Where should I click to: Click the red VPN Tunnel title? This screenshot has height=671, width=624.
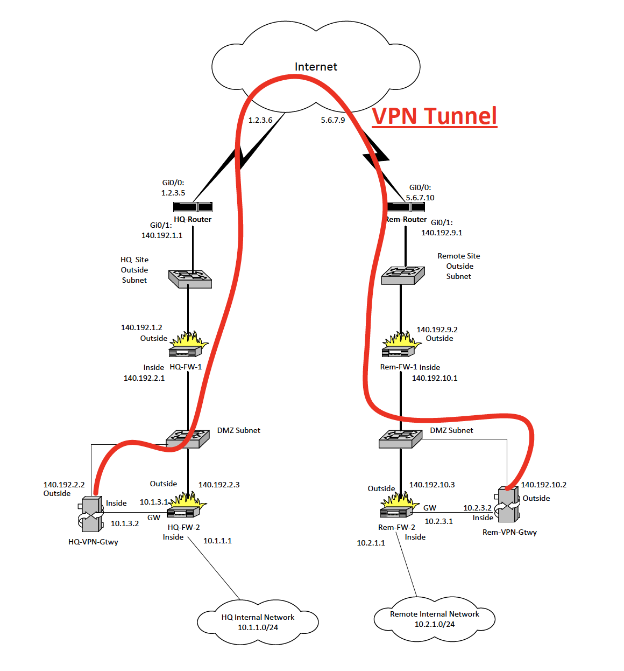434,116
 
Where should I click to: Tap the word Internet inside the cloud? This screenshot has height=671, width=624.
316,67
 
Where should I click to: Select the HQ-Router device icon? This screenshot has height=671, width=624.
193,207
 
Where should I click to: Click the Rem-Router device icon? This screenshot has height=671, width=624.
406,207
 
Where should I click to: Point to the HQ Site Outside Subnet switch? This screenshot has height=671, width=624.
190,278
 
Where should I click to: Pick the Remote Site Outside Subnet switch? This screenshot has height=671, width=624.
403,275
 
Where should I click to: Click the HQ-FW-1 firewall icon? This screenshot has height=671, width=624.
187,345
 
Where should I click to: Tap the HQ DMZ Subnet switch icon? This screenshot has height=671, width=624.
188,438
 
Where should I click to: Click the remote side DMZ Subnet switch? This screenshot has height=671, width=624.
400,439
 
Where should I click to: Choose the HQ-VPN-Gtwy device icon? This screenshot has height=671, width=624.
91,515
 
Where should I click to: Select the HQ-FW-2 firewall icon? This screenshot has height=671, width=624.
186,506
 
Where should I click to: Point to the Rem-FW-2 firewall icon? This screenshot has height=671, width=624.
398,506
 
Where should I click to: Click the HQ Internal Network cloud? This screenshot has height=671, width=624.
258,622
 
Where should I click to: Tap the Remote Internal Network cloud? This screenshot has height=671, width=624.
434,619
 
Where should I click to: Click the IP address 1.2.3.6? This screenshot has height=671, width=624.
260,120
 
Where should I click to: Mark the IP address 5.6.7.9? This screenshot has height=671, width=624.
333,120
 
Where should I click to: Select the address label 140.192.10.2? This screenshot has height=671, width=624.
543,485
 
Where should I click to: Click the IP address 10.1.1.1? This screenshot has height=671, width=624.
217,541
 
